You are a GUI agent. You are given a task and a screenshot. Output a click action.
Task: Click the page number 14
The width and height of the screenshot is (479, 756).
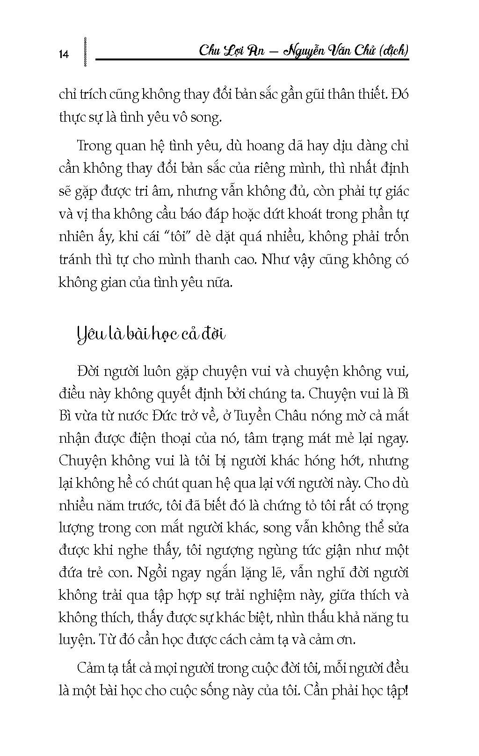tap(64, 54)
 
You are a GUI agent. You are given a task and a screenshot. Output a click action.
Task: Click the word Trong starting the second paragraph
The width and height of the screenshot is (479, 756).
tap(95, 146)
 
